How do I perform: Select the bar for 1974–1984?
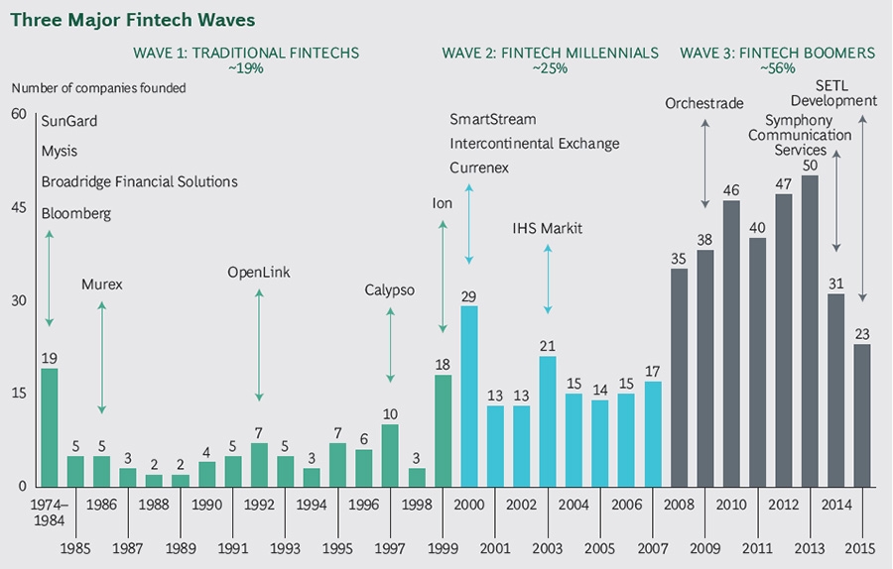pyautogui.click(x=49, y=427)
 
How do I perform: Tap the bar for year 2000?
pyautogui.click(x=469, y=396)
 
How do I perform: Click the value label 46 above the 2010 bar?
pyautogui.click(x=731, y=190)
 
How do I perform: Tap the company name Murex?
pyautogui.click(x=101, y=285)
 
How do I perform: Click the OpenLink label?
pyautogui.click(x=259, y=273)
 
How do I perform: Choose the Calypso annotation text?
pyautogui.click(x=390, y=289)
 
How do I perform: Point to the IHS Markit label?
pyautogui.click(x=547, y=229)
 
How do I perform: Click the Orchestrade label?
pyautogui.click(x=704, y=102)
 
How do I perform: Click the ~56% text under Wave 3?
pyautogui.click(x=779, y=69)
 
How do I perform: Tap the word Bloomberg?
pyautogui.click(x=76, y=213)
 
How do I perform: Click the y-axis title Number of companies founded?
pyautogui.click(x=99, y=88)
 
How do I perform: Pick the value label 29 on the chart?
pyautogui.click(x=469, y=295)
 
